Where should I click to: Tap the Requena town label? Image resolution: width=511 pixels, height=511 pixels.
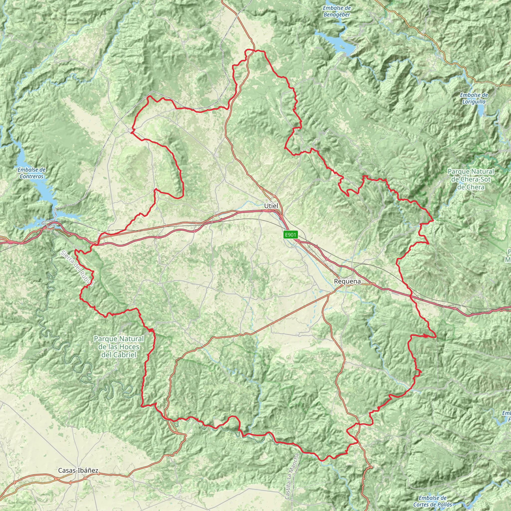[x=347, y=281]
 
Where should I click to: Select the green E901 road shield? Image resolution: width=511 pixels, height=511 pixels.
[x=291, y=235]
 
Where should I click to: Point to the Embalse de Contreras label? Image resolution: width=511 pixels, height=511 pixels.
[x=31, y=173]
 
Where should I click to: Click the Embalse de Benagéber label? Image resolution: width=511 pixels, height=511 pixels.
[x=337, y=11]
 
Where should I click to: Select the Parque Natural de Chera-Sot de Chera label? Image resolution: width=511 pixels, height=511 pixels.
[x=471, y=179]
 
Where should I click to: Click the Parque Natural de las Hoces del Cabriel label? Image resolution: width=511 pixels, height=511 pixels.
[x=119, y=347]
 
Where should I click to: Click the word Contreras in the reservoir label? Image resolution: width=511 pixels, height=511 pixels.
[x=31, y=176]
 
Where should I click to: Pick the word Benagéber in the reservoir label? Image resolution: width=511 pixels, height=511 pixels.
[x=337, y=15]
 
